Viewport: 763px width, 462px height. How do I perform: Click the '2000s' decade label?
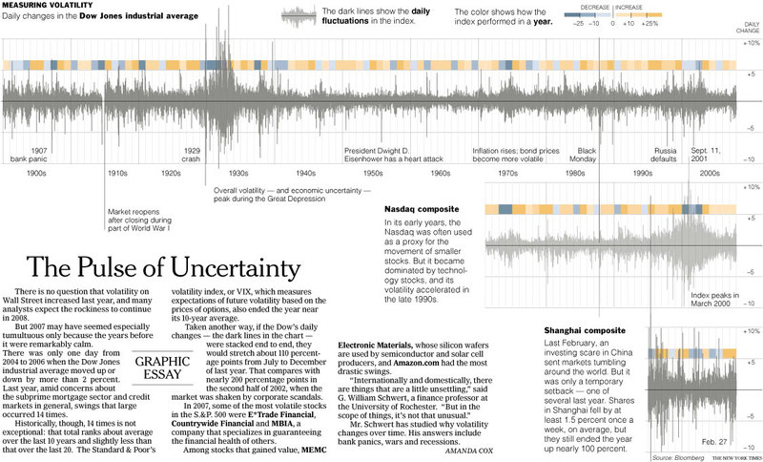click(710, 175)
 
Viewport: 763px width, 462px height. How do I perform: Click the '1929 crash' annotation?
click(193, 155)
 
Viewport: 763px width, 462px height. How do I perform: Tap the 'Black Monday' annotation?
click(588, 155)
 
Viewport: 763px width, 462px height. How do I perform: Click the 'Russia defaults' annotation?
click(665, 155)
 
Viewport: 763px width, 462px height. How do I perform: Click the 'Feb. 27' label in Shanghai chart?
click(686, 443)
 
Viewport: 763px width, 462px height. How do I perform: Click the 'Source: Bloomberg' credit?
click(672, 457)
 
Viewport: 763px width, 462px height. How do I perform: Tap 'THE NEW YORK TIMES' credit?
click(731, 457)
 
